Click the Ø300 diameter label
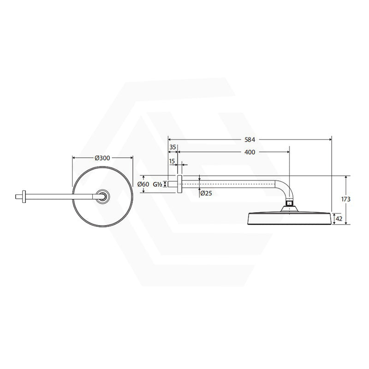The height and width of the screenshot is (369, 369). pos(102,158)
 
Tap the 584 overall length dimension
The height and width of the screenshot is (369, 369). pos(250,140)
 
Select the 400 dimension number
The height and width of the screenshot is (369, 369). pos(250,152)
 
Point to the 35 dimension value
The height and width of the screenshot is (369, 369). pos(173,147)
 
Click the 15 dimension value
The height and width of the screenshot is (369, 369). pos(172,161)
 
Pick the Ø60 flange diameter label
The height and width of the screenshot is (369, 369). pos(143,184)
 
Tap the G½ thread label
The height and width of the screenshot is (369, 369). pos(157,184)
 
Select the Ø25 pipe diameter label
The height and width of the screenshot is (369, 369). pos(206,193)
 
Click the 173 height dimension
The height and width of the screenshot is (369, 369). pos(346,199)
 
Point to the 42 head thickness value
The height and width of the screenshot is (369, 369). pos(339,219)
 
